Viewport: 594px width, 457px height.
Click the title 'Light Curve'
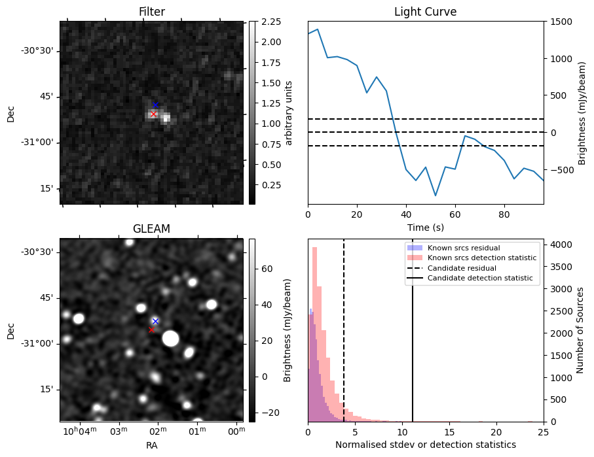[425, 12]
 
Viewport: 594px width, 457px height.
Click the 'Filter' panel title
[151, 12]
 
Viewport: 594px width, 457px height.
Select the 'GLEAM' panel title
[151, 229]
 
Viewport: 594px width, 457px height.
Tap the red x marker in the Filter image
[153, 114]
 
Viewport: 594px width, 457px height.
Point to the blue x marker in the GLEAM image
[155, 321]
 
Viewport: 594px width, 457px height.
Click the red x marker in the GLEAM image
[151, 330]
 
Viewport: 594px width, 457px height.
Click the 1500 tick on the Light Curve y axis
[561, 22]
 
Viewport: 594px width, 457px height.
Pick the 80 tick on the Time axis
[504, 214]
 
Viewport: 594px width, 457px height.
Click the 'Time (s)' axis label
[425, 226]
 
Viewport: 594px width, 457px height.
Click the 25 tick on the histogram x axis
[543, 432]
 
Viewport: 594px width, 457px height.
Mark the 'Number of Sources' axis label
[580, 330]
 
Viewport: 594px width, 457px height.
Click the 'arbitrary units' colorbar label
[288, 112]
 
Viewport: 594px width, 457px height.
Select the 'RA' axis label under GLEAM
[151, 445]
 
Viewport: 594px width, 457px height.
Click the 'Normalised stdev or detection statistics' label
[425, 445]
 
